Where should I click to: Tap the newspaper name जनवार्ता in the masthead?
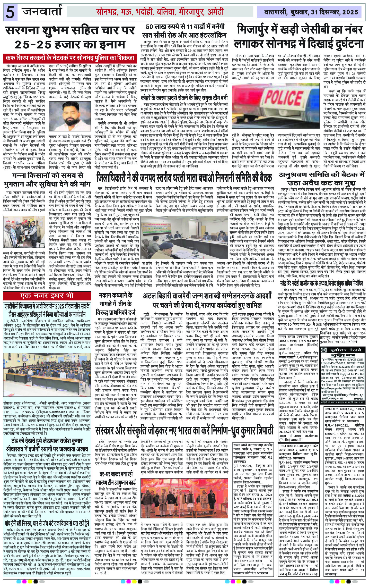point(42,12)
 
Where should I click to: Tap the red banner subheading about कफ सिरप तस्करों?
point(73,57)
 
